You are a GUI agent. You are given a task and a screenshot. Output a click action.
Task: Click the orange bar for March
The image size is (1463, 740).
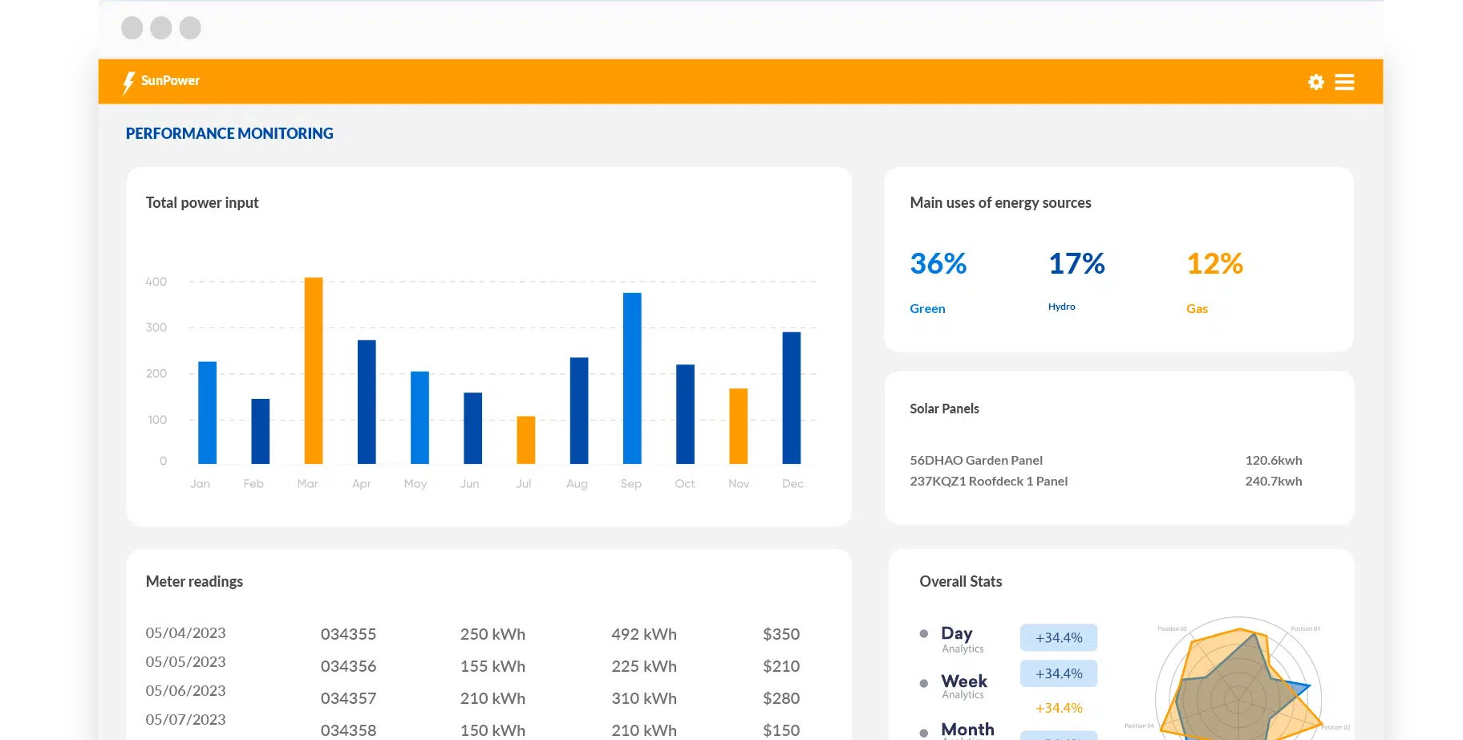[x=314, y=371]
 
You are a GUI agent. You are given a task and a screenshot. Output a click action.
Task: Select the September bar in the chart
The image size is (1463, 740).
[x=632, y=378]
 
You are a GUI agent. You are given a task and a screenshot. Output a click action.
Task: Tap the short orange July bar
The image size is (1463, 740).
[x=525, y=440]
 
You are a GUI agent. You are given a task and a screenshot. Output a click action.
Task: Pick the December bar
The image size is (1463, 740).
[x=792, y=397]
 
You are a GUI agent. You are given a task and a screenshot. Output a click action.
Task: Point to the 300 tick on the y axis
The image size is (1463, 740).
[x=156, y=327]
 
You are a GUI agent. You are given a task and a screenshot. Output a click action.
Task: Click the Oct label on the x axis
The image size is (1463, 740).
[x=685, y=484]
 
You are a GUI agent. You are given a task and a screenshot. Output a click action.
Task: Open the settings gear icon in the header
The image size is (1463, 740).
[x=1315, y=82]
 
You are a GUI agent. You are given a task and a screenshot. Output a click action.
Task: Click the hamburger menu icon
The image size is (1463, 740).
[x=1344, y=82]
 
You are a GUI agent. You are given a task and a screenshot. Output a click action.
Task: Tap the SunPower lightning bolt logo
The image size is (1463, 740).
[x=128, y=83]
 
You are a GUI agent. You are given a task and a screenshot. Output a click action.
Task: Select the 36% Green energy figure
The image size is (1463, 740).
[x=938, y=264]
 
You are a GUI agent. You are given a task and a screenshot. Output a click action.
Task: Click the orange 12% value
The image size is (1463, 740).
[x=1214, y=264]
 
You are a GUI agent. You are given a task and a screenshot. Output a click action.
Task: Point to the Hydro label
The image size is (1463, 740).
[x=1061, y=307]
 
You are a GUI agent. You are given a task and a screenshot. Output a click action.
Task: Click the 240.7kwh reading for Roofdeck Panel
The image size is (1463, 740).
[x=1273, y=482]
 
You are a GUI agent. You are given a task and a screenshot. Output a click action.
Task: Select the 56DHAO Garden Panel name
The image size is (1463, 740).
[x=976, y=461]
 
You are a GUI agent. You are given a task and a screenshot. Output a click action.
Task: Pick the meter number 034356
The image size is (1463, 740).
[x=348, y=666]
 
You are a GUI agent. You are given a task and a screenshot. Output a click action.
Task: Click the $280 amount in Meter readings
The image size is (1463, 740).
[x=780, y=698]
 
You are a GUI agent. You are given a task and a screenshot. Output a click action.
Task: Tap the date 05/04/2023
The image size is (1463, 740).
[x=185, y=633]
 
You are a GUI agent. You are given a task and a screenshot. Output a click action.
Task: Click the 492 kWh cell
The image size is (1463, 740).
[x=643, y=634]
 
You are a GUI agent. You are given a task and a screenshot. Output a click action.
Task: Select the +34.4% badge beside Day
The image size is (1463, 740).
[x=1059, y=638]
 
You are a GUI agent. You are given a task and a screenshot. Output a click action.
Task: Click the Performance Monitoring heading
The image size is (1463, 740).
[x=229, y=134]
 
